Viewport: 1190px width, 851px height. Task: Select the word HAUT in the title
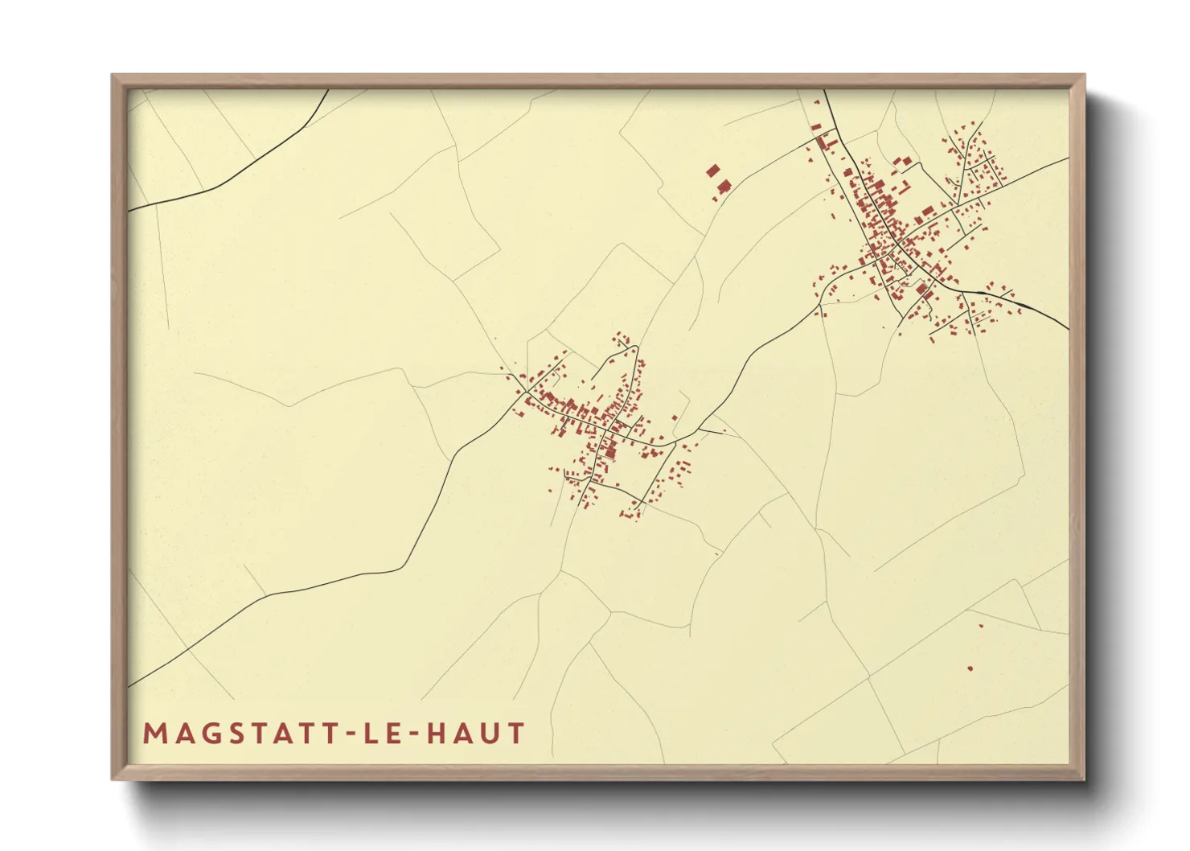click(x=475, y=734)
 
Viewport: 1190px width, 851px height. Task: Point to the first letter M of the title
click(x=154, y=734)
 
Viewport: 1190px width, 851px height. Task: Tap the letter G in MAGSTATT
click(x=203, y=734)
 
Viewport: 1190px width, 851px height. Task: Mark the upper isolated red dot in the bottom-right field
click(x=980, y=625)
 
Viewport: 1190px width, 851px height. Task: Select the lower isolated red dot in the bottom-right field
click(x=970, y=668)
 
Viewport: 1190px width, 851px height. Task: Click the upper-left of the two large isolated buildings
click(x=712, y=171)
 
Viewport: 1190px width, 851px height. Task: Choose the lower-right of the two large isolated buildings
click(x=724, y=187)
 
